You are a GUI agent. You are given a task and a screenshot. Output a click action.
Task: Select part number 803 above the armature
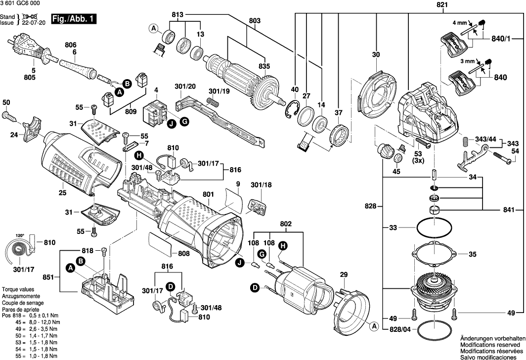pyautogui.click(x=255, y=21)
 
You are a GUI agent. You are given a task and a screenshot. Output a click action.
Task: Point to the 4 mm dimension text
pyautogui.click(x=460, y=23)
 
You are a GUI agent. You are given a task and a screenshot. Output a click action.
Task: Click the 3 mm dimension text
pyautogui.click(x=459, y=61)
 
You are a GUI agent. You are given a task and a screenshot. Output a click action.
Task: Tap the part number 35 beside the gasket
pyautogui.click(x=472, y=255)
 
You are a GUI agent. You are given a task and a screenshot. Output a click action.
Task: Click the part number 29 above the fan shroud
pyautogui.click(x=344, y=274)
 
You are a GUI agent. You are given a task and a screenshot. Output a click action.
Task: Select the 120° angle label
pyautogui.click(x=20, y=235)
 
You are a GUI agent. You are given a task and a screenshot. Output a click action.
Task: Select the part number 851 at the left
pyautogui.click(x=48, y=278)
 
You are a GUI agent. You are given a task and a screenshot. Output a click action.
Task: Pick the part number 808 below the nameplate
pyautogui.click(x=184, y=254)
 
